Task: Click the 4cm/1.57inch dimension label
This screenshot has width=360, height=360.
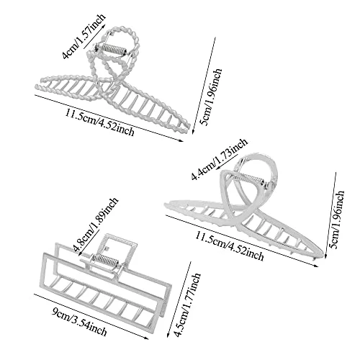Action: (x=84, y=36)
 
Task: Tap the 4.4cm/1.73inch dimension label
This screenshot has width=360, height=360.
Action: (x=220, y=159)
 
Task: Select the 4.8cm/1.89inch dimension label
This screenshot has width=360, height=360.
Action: (x=96, y=224)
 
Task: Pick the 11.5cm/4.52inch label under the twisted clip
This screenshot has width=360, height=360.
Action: (x=99, y=122)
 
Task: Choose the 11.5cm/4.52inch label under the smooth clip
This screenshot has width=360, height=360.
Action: (x=229, y=246)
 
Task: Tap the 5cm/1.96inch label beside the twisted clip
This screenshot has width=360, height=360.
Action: (x=211, y=97)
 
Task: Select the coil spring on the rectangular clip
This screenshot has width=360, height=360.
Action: (x=105, y=261)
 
